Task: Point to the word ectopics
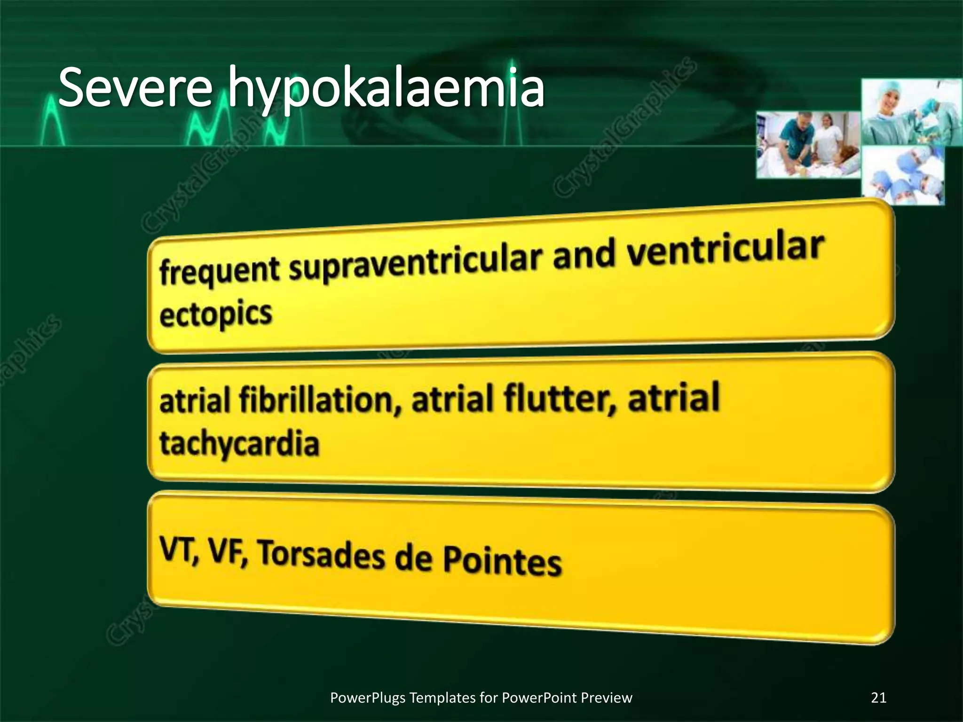pyautogui.click(x=216, y=314)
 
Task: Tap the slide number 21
pyautogui.click(x=878, y=698)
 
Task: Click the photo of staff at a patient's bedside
pyautogui.click(x=808, y=145)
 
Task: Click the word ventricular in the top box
pyautogui.click(x=726, y=250)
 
